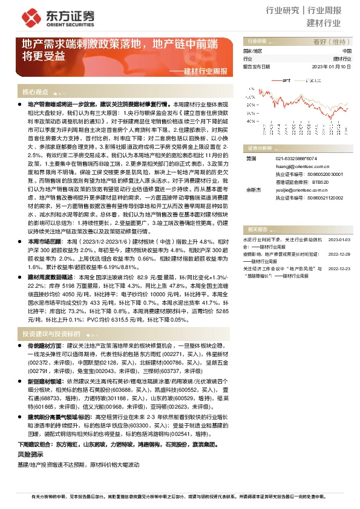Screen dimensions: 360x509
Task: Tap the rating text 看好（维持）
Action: click(327, 41)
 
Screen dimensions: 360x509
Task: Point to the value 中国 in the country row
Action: click(338, 51)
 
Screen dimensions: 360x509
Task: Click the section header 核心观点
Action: click(35, 92)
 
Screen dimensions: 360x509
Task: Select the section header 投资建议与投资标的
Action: click(51, 334)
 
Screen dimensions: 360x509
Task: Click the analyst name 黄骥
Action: click(249, 158)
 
